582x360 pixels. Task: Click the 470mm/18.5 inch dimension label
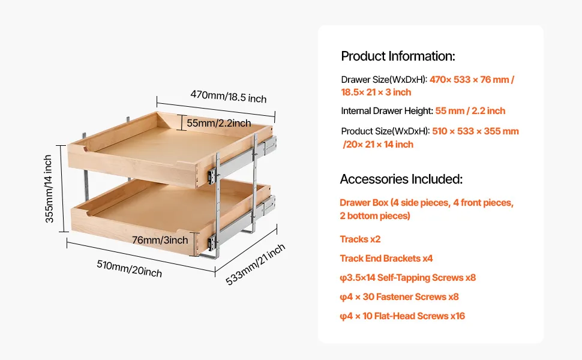pos(228,96)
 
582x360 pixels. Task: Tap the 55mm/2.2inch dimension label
pos(218,123)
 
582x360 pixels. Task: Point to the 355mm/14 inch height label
pos(49,188)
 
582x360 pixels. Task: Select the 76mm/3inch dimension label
pos(160,240)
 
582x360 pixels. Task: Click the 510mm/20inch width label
pos(129,268)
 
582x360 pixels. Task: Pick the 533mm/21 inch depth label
pos(256,264)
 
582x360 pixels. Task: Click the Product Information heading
pos(398,56)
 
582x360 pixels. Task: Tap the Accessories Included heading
pos(401,179)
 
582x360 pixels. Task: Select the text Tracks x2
pos(360,239)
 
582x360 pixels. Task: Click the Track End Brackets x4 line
pos(386,259)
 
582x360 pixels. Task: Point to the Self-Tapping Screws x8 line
pos(407,278)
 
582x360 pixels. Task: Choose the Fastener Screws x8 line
pos(400,297)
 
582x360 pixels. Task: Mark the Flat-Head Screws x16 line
pos(403,316)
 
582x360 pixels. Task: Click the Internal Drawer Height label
pos(387,111)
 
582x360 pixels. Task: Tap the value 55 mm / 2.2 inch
pos(470,111)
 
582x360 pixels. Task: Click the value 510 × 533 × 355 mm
pos(475,131)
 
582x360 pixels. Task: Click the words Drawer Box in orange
pos(364,203)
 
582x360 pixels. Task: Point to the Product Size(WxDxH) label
pos(385,131)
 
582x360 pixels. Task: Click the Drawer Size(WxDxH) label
pos(384,80)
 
